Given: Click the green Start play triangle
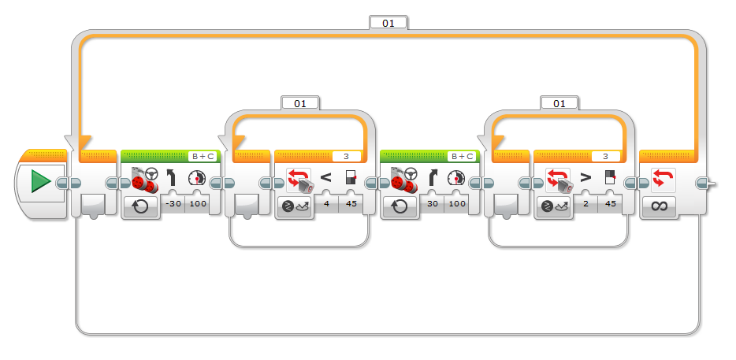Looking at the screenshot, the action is (x=41, y=181).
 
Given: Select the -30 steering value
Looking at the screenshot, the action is (x=173, y=204).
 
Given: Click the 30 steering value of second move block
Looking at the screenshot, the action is (x=433, y=204).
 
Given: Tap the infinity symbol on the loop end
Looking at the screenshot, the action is (x=659, y=206).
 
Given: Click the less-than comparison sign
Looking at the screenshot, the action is (x=325, y=177).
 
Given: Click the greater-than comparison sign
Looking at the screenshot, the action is (x=585, y=177).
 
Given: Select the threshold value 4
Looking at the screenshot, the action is (x=327, y=204).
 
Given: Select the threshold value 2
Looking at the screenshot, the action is (x=585, y=204).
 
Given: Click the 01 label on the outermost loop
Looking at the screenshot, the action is (x=388, y=23).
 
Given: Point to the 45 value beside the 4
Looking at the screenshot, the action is (x=350, y=204).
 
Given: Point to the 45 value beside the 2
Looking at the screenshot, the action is (x=609, y=204).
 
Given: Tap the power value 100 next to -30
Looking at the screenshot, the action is (x=197, y=204).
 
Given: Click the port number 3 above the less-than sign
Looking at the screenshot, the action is (x=347, y=156).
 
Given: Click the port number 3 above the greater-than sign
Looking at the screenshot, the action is (x=605, y=156).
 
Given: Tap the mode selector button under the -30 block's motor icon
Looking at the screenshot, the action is (x=140, y=207).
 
